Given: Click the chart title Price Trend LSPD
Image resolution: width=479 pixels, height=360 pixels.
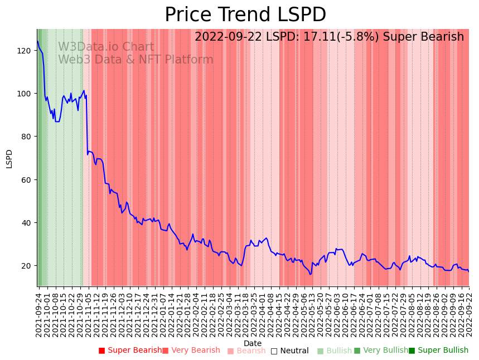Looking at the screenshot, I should tap(245, 14).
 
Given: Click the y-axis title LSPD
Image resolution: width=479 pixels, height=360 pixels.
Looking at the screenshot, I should tap(9, 158).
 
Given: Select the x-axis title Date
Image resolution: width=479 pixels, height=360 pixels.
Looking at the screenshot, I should tap(253, 343).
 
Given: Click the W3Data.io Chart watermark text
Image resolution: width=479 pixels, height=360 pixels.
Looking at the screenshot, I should tap(106, 47).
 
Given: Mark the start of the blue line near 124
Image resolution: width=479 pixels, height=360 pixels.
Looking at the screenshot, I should tap(38, 42).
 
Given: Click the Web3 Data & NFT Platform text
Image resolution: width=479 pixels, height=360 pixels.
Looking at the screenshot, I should tap(136, 60).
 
